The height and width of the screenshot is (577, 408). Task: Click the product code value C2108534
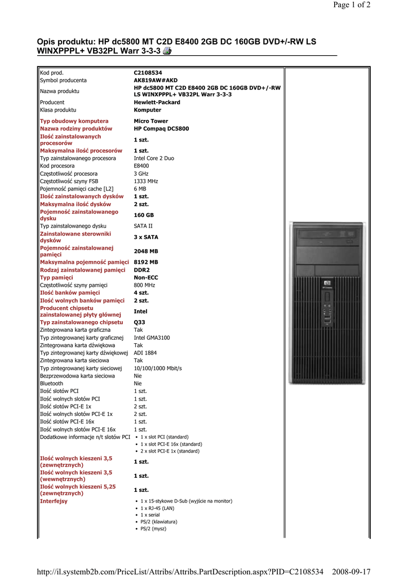pyautogui.click(x=148, y=73)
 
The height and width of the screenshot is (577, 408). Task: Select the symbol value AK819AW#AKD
pyautogui.click(x=156, y=81)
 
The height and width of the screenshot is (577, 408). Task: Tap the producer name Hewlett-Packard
pyautogui.click(x=157, y=103)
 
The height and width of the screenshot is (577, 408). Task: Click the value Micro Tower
pyautogui.click(x=150, y=121)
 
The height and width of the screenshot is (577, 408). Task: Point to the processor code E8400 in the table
pyautogui.click(x=141, y=166)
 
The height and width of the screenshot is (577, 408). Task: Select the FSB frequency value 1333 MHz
pyautogui.click(x=146, y=181)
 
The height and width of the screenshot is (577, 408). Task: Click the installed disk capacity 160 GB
pyautogui.click(x=144, y=215)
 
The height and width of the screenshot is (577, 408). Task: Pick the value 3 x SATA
pyautogui.click(x=146, y=237)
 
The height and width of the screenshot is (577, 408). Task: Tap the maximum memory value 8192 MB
pyautogui.click(x=146, y=262)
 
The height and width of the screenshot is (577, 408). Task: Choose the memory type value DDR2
pyautogui.click(x=141, y=270)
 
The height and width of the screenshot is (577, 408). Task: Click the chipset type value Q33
pyautogui.click(x=139, y=322)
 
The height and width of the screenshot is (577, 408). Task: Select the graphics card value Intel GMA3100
pyautogui.click(x=152, y=338)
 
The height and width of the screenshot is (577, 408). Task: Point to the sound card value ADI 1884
pyautogui.click(x=145, y=353)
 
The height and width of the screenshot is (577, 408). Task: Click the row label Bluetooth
pyautogui.click(x=51, y=383)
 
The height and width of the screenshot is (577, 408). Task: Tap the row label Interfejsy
pyautogui.click(x=54, y=501)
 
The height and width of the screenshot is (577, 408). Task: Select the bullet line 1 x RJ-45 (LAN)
pyautogui.click(x=157, y=508)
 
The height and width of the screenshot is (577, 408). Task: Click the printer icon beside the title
pyautogui.click(x=167, y=51)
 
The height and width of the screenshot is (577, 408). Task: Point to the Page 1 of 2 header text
pyautogui.click(x=352, y=5)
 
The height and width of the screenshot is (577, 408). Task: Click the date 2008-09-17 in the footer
pyautogui.click(x=352, y=571)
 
